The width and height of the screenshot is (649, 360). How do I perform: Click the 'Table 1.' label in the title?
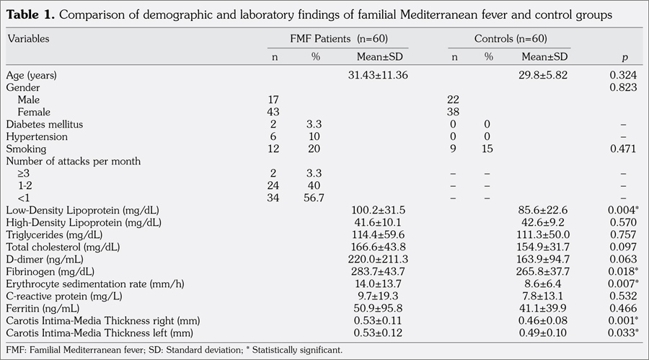31,14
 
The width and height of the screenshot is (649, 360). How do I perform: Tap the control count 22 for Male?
454,100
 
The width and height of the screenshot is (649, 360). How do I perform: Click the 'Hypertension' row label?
37,136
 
